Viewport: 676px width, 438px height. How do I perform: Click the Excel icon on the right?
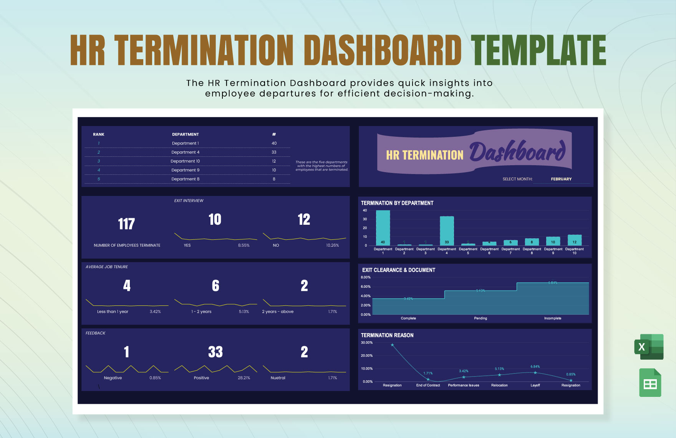tap(649, 347)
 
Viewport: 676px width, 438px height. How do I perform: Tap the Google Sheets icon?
tap(650, 383)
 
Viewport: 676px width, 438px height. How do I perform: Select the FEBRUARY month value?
tap(561, 179)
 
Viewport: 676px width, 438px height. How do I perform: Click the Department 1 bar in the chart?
tap(383, 227)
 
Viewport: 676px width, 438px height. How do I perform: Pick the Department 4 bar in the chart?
tap(447, 231)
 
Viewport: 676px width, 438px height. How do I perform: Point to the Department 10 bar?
tap(575, 240)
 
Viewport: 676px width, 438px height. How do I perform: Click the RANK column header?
tap(99, 134)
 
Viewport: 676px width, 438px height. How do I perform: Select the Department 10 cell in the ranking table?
tap(185, 161)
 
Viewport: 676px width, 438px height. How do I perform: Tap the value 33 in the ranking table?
tap(274, 153)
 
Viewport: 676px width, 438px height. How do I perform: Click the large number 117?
tap(126, 224)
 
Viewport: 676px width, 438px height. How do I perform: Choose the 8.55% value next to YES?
tap(244, 246)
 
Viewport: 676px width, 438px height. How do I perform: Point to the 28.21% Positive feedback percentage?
tap(244, 378)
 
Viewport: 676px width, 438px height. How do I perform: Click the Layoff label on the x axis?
tap(535, 385)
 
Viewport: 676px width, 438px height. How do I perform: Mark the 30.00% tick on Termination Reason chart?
tap(367, 343)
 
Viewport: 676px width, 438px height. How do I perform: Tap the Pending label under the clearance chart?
tap(480, 319)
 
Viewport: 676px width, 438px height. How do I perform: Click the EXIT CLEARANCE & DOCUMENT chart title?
tap(399, 270)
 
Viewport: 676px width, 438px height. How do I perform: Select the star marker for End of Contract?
tap(428, 380)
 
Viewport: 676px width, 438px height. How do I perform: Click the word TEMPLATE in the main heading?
tap(538, 50)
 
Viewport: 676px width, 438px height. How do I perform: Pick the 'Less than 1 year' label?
tap(113, 312)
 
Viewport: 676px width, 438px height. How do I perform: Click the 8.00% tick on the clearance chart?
tap(366, 277)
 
